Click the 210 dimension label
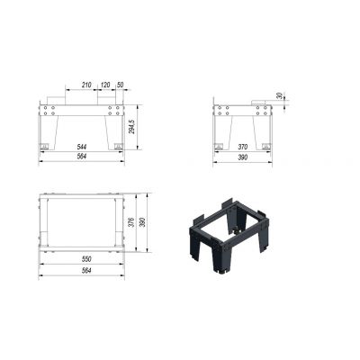tap(86, 85)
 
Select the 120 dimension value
tap(105, 85)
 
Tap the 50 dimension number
tap(120, 85)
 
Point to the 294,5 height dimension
tap(132, 127)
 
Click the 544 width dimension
tap(82, 147)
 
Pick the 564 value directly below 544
tap(82, 157)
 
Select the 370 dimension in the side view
tap(242, 147)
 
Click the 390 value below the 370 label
tap(242, 157)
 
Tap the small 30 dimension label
tap(279, 95)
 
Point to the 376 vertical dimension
tap(133, 222)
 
